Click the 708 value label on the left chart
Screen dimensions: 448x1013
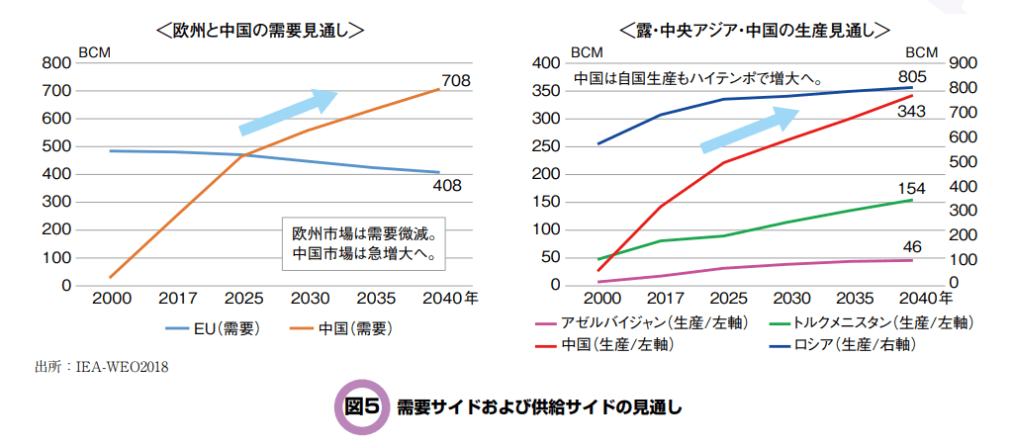pyautogui.click(x=456, y=80)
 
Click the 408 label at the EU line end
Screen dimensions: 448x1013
pyautogui.click(x=447, y=185)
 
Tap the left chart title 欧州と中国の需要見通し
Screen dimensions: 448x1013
pyautogui.click(x=260, y=31)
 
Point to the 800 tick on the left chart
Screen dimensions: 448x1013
pyautogui.click(x=55, y=63)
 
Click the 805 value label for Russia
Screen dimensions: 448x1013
pyautogui.click(x=911, y=76)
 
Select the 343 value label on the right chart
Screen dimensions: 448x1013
pyautogui.click(x=911, y=112)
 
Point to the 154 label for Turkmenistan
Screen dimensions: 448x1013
pyautogui.click(x=911, y=188)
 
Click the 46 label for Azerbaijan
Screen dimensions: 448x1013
pyautogui.click(x=911, y=246)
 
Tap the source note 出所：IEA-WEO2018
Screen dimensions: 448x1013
pyautogui.click(x=101, y=368)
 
